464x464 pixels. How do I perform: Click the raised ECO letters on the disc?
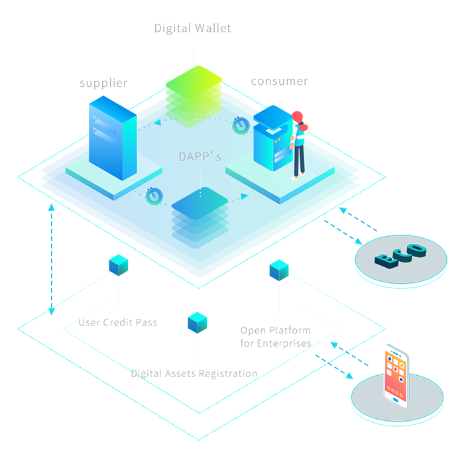point(400,255)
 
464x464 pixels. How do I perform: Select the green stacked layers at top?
point(194,86)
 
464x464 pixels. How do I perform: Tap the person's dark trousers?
point(299,159)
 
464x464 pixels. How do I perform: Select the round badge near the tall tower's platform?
point(154,196)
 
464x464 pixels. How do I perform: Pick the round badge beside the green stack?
point(241,124)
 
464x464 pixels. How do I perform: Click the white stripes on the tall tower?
point(103,131)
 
